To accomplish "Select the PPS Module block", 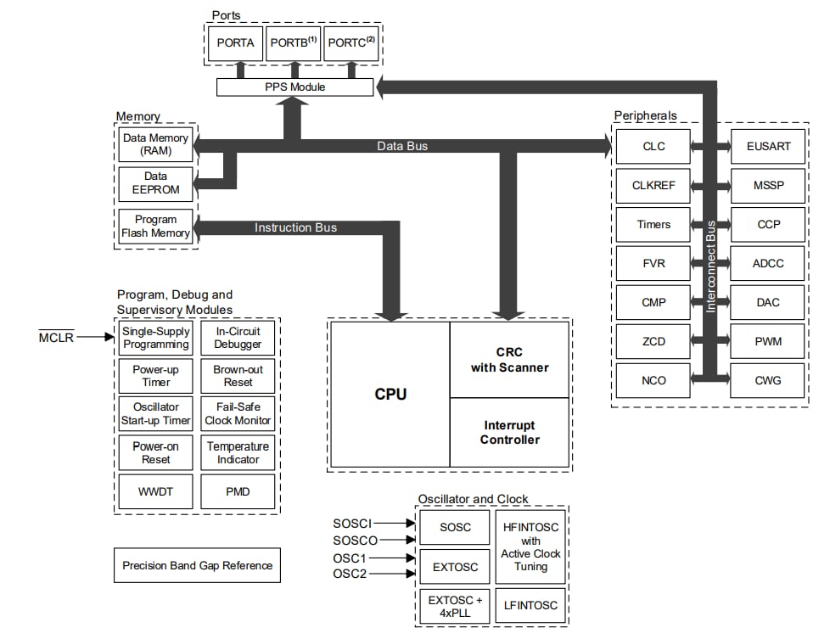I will tap(294, 87).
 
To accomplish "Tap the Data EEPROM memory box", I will tap(155, 183).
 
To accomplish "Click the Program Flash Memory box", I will tap(155, 227).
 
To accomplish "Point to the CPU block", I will tap(390, 394).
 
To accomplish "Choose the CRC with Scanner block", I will tap(509, 360).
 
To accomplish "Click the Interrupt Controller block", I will tap(509, 432).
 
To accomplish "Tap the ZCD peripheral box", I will tap(653, 341).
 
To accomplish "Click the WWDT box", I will tap(155, 491).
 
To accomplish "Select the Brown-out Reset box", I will tap(238, 376).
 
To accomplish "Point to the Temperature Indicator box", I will tap(238, 452).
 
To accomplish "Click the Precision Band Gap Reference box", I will tap(197, 565).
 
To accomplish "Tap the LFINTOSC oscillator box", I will tap(530, 605).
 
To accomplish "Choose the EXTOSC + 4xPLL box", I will tap(454, 606).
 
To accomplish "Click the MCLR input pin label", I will tap(58, 338).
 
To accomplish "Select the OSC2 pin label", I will tap(350, 575).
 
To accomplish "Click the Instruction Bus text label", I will tap(295, 227).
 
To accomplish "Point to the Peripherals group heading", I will tap(646, 115).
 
